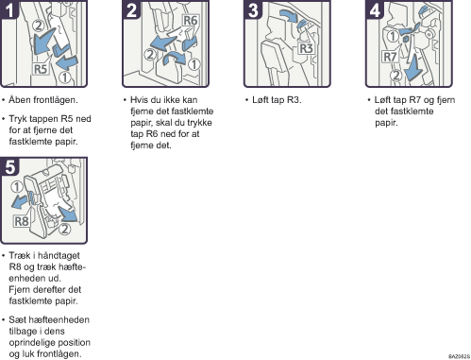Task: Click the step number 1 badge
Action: point(9,9)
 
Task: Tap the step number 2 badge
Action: point(131,9)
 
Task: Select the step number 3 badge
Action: point(253,9)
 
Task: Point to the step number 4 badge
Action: point(375,9)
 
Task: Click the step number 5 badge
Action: point(9,166)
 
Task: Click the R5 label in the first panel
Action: point(41,69)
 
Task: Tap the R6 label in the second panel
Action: point(190,21)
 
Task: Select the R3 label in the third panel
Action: point(306,48)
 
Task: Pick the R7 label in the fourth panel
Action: point(390,57)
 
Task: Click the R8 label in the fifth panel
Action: point(22,221)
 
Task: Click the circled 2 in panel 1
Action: point(39,26)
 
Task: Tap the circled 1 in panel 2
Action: point(194,64)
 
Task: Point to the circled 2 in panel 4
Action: point(396,76)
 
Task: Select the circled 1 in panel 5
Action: point(17,187)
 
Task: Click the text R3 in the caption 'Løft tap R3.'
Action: point(294,100)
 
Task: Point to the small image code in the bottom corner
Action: point(459,356)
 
